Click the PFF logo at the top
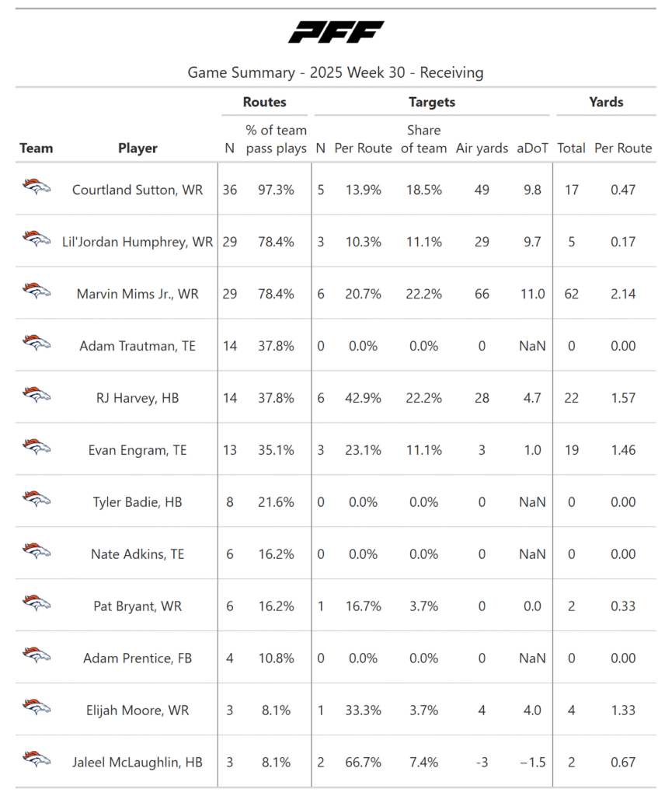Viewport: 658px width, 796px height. coord(336,33)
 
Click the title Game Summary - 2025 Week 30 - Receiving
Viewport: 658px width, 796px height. coord(336,73)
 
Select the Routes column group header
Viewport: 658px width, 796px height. coord(264,102)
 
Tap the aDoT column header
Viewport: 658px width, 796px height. coord(532,148)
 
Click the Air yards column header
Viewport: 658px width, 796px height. coord(482,148)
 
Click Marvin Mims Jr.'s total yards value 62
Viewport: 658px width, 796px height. coord(572,294)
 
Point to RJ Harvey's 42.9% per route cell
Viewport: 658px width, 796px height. coord(357,398)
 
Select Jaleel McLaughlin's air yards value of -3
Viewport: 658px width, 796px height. coord(482,763)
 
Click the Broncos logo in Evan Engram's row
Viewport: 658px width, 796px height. coord(36,447)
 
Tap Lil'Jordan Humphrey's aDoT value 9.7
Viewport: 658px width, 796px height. coord(532,242)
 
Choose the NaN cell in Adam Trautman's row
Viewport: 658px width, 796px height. coord(532,346)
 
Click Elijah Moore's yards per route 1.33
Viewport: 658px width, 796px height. coord(623,710)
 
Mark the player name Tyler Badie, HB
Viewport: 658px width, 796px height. coord(138,502)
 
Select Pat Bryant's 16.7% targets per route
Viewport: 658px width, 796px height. coord(357,606)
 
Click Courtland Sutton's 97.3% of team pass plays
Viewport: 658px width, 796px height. coord(276,190)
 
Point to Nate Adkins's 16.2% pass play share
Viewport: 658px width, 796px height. coord(276,554)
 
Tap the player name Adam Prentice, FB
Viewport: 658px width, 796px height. coord(138,658)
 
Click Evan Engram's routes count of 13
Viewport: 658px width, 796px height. coord(229,450)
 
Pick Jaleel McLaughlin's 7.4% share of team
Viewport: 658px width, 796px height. coord(423,763)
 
